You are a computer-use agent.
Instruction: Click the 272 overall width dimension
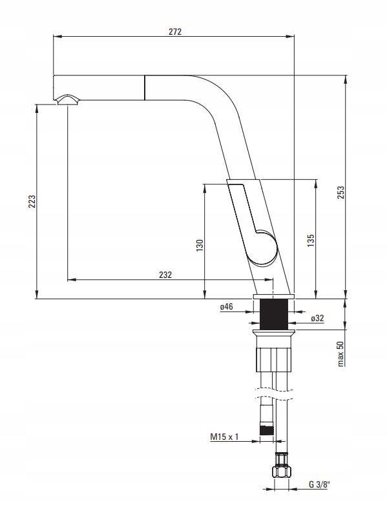[175, 32]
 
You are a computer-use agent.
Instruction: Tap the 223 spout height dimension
[32, 201]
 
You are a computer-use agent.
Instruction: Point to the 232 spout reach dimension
[165, 275]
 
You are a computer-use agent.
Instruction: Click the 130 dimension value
[200, 246]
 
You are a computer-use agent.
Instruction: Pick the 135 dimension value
[311, 241]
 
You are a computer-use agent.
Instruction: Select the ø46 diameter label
[226, 306]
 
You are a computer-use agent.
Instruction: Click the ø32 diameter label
[317, 318]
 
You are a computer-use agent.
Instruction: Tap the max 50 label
[340, 353]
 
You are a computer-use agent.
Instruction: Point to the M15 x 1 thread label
[224, 437]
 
